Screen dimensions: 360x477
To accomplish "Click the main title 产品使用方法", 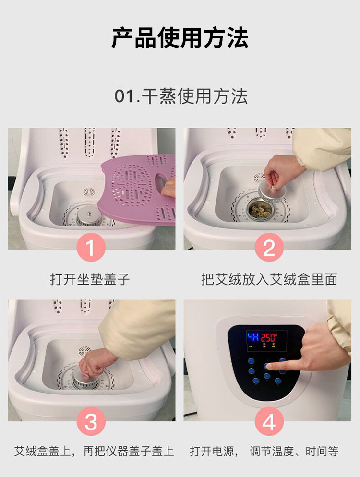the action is click(x=180, y=38).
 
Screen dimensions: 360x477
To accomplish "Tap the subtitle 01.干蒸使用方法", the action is click(x=181, y=96).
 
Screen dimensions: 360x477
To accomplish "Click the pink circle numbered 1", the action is click(x=91, y=247).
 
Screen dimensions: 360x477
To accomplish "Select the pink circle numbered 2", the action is click(x=269, y=247).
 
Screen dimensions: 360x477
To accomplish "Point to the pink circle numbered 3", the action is click(x=91, y=422).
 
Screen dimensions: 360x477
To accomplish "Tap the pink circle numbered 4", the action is click(x=269, y=422).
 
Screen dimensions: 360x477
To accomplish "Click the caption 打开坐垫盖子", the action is click(x=90, y=279).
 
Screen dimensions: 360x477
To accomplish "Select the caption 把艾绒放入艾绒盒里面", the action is click(x=269, y=279).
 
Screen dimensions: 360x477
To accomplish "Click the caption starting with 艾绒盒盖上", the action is click(x=94, y=451).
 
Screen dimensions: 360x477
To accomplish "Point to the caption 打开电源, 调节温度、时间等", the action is click(x=264, y=451).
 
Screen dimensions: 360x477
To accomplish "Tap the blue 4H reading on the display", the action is click(x=253, y=337).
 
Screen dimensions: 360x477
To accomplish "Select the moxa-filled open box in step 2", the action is click(x=258, y=209).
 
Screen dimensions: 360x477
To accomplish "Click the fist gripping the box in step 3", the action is click(x=95, y=363).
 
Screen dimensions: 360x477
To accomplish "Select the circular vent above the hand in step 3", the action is click(x=84, y=351).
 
